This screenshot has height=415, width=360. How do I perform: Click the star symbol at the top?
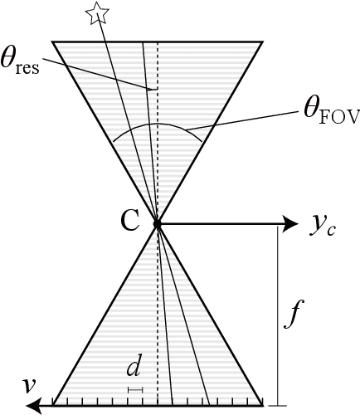point(98,11)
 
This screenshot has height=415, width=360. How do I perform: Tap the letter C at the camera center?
point(130,221)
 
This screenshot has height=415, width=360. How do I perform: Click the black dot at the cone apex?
point(157,223)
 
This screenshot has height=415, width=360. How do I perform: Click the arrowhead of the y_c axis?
point(289,223)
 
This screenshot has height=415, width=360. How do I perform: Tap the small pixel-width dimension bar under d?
point(135,388)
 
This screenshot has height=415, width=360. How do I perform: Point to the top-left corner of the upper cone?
point(52,41)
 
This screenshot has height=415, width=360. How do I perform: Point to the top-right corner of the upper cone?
point(262,41)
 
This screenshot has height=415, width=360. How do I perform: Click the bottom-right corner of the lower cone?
point(264,405)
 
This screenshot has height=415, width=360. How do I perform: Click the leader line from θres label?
point(100,76)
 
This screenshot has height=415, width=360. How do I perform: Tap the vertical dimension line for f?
point(273,315)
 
